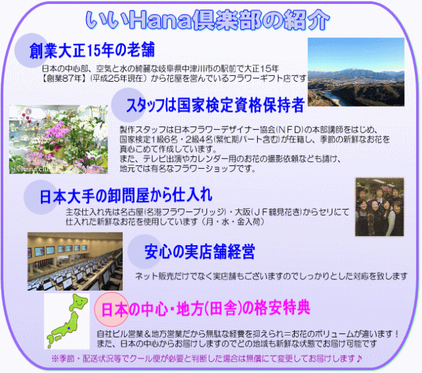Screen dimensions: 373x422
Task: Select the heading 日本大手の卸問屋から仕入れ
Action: pos(126,195)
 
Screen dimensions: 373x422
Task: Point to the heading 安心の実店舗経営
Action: pos(199,251)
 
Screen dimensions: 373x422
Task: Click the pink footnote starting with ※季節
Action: pos(206,359)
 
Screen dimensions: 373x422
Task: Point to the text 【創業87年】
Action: pos(65,79)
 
